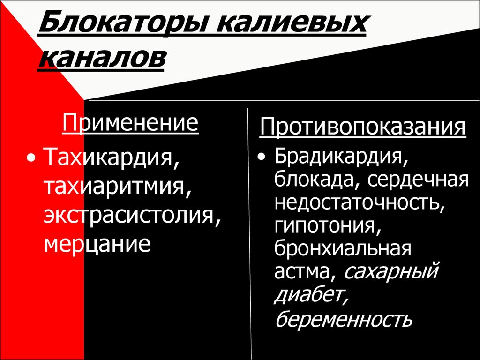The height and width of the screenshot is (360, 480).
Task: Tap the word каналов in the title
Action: coord(101,57)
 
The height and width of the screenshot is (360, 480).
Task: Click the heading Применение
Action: coord(130,123)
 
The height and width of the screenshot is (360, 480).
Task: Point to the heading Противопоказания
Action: coord(363,127)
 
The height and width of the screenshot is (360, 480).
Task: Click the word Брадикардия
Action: coord(341,157)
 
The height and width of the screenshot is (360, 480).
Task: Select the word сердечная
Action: coord(418,180)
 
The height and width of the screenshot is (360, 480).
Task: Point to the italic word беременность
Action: coord(344,320)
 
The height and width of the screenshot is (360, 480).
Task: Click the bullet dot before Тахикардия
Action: coord(30,157)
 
